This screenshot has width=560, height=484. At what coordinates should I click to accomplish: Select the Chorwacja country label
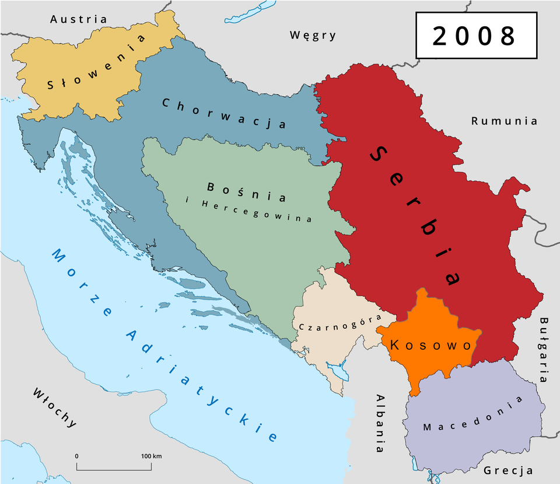pyautogui.click(x=223, y=113)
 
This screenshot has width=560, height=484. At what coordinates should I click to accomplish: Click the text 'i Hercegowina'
pyautogui.click(x=249, y=211)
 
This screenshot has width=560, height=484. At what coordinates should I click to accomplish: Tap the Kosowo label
pyautogui.click(x=430, y=345)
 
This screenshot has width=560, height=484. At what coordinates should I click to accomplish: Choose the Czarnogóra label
pyautogui.click(x=339, y=322)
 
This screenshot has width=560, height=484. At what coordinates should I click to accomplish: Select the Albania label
pyautogui.click(x=380, y=423)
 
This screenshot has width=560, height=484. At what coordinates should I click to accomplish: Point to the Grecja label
pyautogui.click(x=508, y=470)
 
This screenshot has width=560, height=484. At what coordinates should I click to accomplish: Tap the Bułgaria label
pyautogui.click(x=544, y=349)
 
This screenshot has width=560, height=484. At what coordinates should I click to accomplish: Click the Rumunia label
pyautogui.click(x=504, y=121)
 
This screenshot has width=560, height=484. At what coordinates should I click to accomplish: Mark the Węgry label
pyautogui.click(x=313, y=35)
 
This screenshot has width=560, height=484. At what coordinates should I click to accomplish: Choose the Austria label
pyautogui.click(x=79, y=19)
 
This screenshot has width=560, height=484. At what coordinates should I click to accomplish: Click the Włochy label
pyautogui.click(x=55, y=408)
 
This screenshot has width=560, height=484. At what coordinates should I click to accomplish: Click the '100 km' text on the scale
pyautogui.click(x=150, y=455)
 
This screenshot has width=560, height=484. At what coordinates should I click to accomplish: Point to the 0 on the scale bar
pyautogui.click(x=77, y=455)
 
